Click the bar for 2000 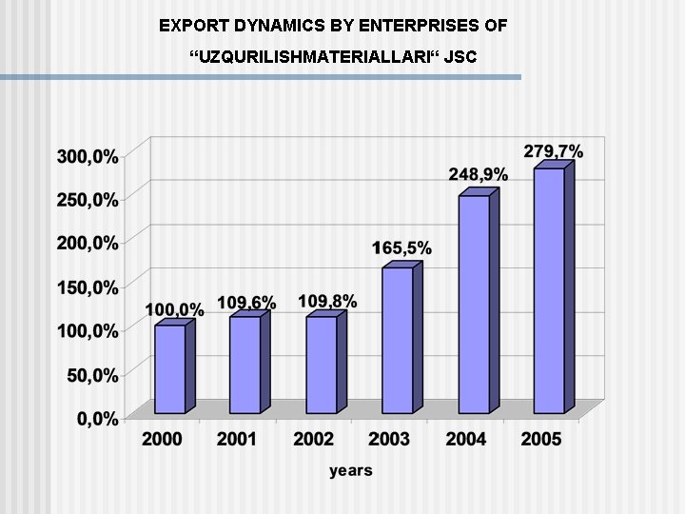tap(170, 369)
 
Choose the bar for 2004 tap(474, 304)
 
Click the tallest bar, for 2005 tap(549, 290)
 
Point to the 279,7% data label tap(554, 151)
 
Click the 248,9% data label tap(479, 175)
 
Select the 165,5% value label tap(401, 248)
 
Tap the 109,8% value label tap(327, 302)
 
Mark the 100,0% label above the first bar tap(174, 309)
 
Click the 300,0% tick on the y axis tap(88, 157)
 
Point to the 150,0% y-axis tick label tap(88, 287)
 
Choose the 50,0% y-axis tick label tap(91, 375)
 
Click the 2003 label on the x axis tap(389, 439)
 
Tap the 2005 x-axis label tap(540, 439)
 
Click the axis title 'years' tap(351, 470)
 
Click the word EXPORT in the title tap(190, 25)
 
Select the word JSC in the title tap(459, 59)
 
